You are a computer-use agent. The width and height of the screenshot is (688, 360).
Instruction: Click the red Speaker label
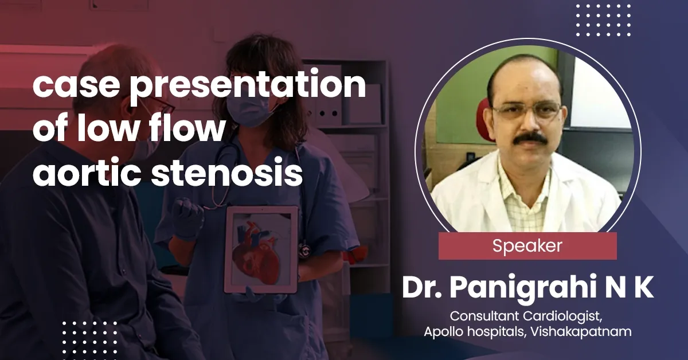click(x=527, y=246)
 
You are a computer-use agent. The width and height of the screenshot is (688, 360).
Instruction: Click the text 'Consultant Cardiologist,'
click(x=527, y=316)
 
